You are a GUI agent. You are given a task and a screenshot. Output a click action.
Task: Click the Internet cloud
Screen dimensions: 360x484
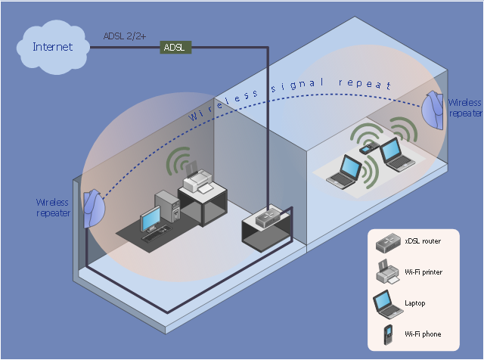pyautogui.click(x=52, y=47)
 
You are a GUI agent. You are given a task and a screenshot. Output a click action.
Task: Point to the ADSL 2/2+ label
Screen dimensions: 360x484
pyautogui.click(x=125, y=35)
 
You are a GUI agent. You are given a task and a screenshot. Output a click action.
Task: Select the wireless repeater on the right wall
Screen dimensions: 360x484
pyautogui.click(x=433, y=110)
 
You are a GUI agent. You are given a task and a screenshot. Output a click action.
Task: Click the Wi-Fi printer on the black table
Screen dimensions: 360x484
pyautogui.click(x=199, y=180)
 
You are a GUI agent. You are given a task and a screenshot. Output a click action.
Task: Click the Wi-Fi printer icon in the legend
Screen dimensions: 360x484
pyautogui.click(x=386, y=272)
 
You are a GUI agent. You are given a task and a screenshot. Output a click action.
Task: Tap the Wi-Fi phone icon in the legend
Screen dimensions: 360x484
pyautogui.click(x=387, y=334)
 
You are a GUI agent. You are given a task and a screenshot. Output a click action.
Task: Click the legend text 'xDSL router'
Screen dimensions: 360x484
pyautogui.click(x=423, y=241)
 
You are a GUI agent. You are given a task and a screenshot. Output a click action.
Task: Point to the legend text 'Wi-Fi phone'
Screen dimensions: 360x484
pyautogui.click(x=423, y=334)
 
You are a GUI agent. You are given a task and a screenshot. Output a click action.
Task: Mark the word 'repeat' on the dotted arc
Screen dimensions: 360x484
pyautogui.click(x=366, y=85)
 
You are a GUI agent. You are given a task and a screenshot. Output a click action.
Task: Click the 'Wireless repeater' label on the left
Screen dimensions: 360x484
pyautogui.click(x=53, y=208)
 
